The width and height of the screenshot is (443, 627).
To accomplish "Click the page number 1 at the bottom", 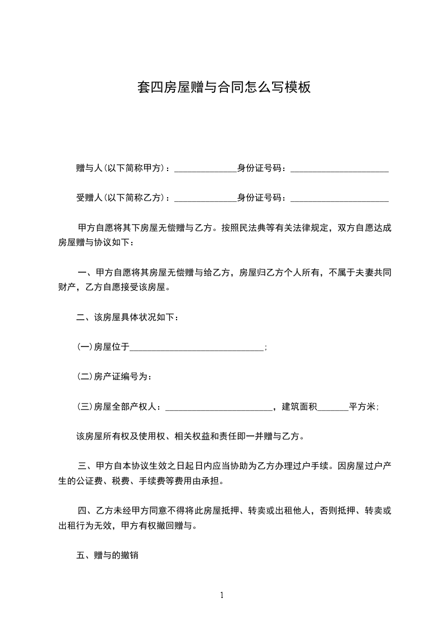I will point(222,595).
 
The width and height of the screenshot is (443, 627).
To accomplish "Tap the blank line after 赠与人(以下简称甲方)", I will point(206,169).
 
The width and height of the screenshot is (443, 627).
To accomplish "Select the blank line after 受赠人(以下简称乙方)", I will point(206,198).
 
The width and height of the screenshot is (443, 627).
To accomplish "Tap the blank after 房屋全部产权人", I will point(218,408).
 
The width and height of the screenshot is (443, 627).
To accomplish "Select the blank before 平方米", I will point(333,408).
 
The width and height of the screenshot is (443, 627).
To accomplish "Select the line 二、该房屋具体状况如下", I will point(128,318).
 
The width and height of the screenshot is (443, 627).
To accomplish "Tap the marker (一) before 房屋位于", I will point(84,348).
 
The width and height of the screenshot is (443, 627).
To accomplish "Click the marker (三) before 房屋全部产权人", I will point(84,407).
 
